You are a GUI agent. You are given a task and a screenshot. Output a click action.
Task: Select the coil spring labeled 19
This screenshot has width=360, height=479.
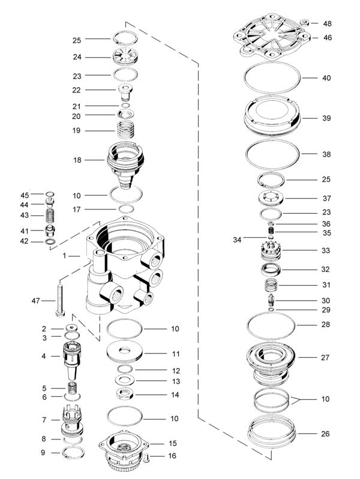[x=127, y=130]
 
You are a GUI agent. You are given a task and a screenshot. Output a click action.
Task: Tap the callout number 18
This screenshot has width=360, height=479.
[x=76, y=160]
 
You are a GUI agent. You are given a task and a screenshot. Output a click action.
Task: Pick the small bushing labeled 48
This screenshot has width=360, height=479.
[x=306, y=23]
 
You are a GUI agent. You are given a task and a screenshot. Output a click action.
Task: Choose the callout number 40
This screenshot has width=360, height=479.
[x=326, y=78]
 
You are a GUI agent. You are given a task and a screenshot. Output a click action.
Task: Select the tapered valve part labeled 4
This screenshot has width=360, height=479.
[x=71, y=357]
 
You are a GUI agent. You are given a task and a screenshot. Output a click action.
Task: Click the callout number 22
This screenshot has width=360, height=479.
[x=76, y=89]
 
